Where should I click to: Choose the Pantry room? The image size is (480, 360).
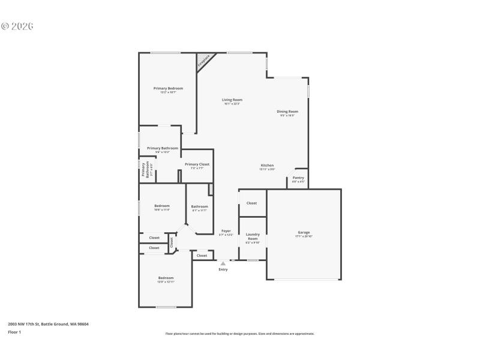pos(298,178)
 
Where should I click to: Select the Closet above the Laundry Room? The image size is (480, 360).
pos(252,203)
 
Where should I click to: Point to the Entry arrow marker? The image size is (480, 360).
pos(223,263)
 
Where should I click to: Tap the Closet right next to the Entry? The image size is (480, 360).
pos(202,256)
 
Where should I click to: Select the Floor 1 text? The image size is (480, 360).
pos(14,332)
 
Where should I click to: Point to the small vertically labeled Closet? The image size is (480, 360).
pos(172,242)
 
